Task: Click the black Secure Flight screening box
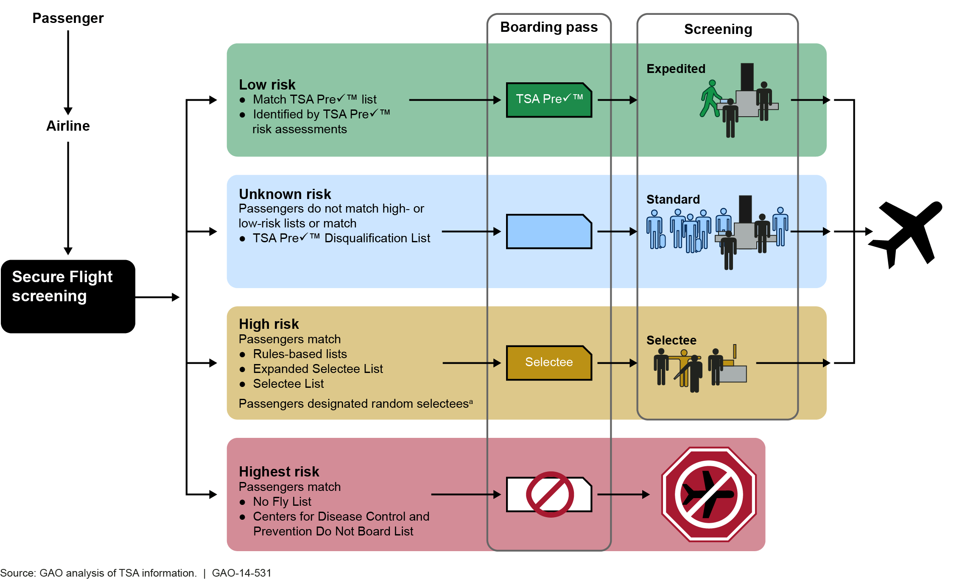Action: [68, 296]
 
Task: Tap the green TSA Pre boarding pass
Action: [548, 100]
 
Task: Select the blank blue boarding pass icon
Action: [548, 232]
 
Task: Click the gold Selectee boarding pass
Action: [548, 363]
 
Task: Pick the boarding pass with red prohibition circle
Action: [549, 494]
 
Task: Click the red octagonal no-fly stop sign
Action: [708, 494]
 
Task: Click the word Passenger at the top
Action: [68, 18]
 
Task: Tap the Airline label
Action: [68, 126]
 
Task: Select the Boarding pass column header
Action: [548, 27]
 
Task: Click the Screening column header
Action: [718, 29]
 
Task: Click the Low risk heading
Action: [267, 84]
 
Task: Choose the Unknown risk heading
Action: [285, 194]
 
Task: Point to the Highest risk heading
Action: [279, 471]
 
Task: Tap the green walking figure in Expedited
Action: [710, 98]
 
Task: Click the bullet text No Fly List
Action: [282, 502]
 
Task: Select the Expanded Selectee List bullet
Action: [318, 369]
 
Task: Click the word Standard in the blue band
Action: [673, 199]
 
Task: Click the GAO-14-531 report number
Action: [241, 573]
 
